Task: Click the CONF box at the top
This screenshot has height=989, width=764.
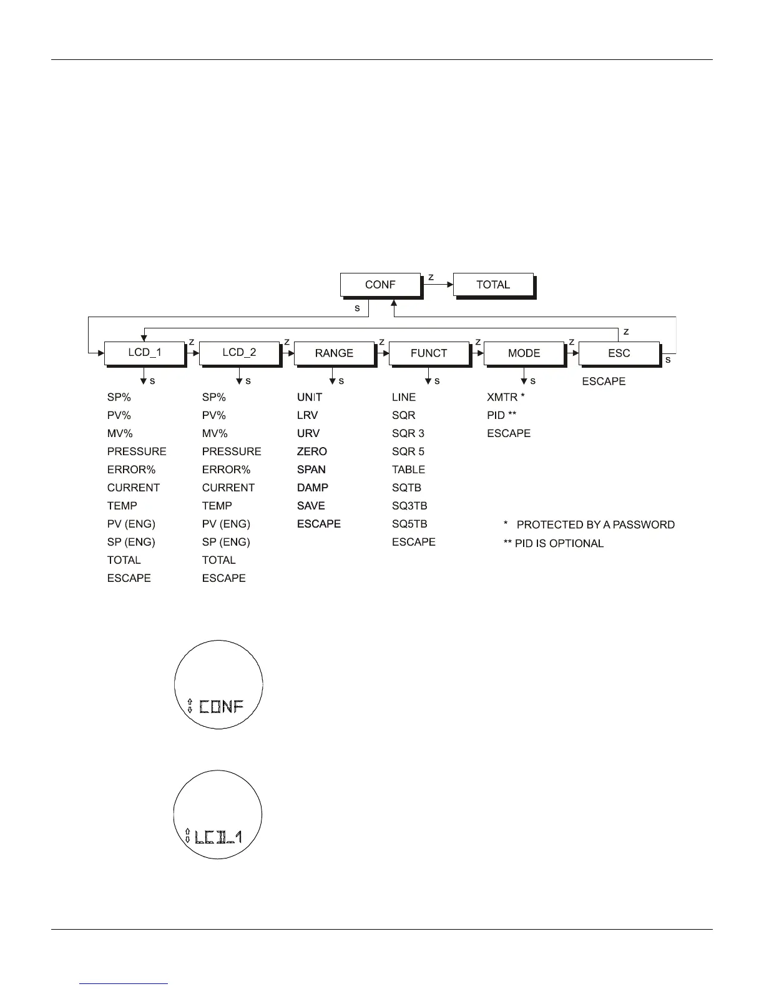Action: (x=380, y=285)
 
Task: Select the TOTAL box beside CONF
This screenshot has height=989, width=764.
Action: (x=493, y=285)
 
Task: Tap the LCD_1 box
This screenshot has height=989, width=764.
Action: (x=145, y=353)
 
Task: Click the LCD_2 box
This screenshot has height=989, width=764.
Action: (x=239, y=353)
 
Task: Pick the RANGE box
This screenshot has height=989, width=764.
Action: (x=334, y=353)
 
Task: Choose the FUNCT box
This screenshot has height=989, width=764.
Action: (x=429, y=353)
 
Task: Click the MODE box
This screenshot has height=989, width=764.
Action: (x=524, y=353)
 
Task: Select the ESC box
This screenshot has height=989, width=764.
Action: (x=619, y=353)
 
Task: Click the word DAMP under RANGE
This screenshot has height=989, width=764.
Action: (x=312, y=488)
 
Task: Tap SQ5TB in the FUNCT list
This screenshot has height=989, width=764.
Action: (x=409, y=524)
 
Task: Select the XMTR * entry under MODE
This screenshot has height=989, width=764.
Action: (x=506, y=397)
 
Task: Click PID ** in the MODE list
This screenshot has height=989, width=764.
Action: (x=501, y=415)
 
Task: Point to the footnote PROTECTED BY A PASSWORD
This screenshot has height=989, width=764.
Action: (x=595, y=525)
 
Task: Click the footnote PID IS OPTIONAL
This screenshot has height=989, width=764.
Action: (x=559, y=543)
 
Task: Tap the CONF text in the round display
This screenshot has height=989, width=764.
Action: (x=221, y=707)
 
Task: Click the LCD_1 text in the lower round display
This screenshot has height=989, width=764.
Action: (x=218, y=837)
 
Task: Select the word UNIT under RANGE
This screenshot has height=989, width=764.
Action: (x=310, y=397)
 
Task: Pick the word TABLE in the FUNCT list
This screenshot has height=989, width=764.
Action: (x=408, y=470)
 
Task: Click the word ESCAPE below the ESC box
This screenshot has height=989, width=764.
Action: (x=604, y=381)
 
